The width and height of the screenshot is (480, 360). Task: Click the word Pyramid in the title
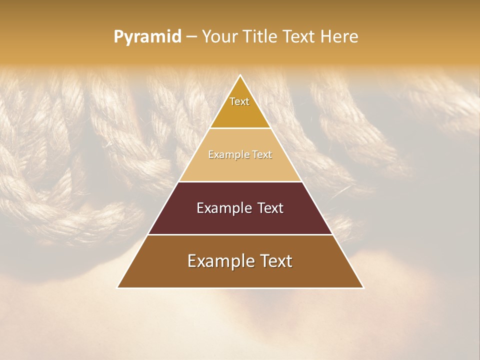pyautogui.click(x=147, y=36)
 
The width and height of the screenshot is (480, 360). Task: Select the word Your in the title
pyautogui.click(x=219, y=36)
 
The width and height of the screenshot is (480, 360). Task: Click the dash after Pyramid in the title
pyautogui.click(x=191, y=36)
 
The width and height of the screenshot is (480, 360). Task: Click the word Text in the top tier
pyautogui.click(x=239, y=101)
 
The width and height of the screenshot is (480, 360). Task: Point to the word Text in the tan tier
pyautogui.click(x=262, y=155)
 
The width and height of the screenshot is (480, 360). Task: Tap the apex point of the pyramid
pyautogui.click(x=240, y=76)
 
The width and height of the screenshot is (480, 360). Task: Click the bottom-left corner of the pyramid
pyautogui.click(x=118, y=287)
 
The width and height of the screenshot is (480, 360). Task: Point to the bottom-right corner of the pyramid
pyautogui.click(x=363, y=287)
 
